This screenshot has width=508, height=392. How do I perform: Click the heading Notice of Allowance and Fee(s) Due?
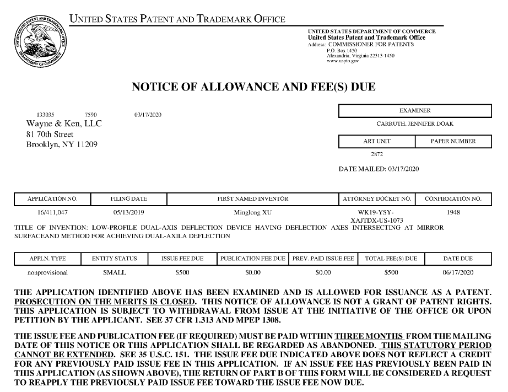(x=253, y=87)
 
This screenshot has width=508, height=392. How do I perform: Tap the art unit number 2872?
(x=377, y=154)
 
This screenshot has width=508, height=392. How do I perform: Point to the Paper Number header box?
(x=453, y=141)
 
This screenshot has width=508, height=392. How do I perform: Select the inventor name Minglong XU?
(x=253, y=212)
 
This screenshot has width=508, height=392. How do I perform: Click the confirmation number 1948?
(x=453, y=212)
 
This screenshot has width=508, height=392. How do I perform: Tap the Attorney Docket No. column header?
(x=377, y=198)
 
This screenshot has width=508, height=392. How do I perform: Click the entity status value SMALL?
(x=115, y=272)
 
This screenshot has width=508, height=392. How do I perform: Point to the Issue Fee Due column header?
(x=182, y=258)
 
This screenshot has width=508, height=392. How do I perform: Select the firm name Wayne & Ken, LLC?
(x=64, y=123)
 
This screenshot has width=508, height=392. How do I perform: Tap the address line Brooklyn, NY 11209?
(x=61, y=145)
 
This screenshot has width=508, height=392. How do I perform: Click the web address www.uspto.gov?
(x=343, y=61)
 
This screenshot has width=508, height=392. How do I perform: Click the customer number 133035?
(x=45, y=114)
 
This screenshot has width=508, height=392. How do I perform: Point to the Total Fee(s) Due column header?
(x=391, y=258)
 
